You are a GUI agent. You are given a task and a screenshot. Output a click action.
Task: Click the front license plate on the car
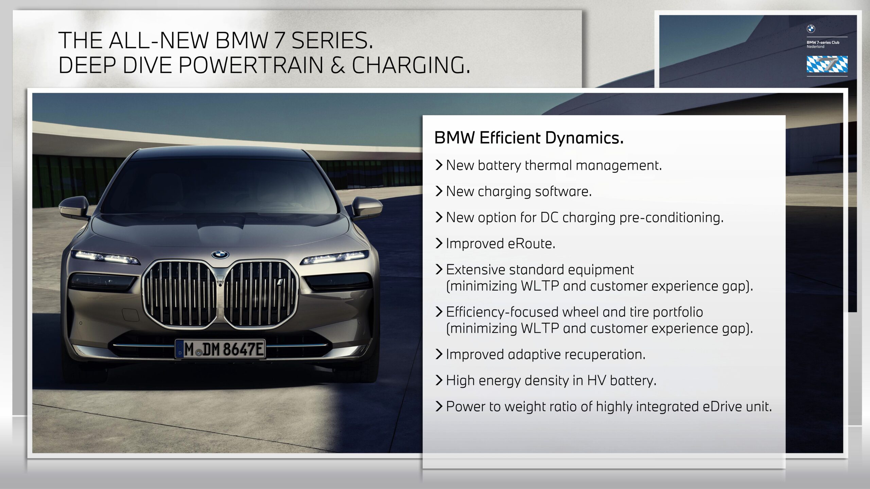[220, 348]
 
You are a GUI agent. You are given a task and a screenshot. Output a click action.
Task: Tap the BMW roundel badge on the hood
[220, 255]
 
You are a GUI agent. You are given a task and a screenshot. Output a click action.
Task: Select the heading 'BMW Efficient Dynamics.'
[529, 138]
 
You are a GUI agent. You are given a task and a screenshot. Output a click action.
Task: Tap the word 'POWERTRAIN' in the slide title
[251, 65]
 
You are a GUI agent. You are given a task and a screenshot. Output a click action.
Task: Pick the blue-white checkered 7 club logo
[827, 64]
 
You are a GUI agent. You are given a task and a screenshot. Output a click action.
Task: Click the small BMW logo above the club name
[811, 29]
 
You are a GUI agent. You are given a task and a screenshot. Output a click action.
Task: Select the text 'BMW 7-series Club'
[823, 42]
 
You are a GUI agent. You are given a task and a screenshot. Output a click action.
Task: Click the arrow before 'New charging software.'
[439, 191]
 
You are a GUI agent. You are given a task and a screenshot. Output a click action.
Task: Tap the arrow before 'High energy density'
[439, 380]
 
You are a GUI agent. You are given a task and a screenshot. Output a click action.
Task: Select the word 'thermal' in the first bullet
[549, 165]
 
